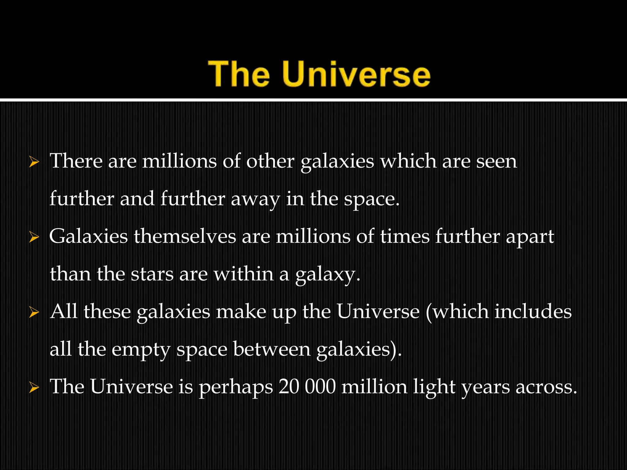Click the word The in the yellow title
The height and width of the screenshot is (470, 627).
239,74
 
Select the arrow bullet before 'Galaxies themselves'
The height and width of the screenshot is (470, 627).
34,237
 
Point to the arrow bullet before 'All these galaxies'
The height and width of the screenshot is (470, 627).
34,313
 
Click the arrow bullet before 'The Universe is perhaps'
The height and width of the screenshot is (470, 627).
34,388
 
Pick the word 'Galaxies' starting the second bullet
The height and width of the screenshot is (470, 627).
88,237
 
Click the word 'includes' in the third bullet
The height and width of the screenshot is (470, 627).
533,311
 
